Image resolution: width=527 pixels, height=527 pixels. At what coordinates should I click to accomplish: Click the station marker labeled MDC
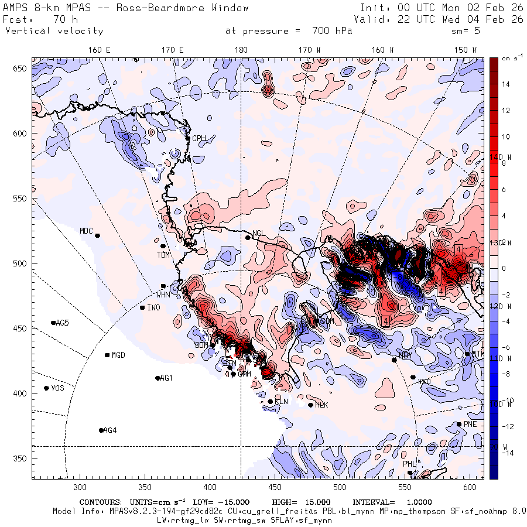97,235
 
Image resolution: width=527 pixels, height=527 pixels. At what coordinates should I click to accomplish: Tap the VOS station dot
46,388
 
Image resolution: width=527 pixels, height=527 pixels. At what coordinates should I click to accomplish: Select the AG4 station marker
101,430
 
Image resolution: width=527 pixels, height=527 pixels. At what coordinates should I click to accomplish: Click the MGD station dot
107,355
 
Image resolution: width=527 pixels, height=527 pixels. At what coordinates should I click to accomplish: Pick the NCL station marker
248,237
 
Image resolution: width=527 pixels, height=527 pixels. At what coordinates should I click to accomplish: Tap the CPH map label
200,138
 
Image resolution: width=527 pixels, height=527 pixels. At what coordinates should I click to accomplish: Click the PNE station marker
459,424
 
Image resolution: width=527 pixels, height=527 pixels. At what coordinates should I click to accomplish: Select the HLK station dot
310,405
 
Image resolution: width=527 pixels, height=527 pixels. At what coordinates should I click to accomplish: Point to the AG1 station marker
158,378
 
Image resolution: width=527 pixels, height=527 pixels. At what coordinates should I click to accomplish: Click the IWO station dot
142,307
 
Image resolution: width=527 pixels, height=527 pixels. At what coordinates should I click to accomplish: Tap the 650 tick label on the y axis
22,69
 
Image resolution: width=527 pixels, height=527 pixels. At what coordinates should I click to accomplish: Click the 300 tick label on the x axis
80,487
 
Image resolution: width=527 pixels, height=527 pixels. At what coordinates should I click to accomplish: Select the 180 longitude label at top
241,50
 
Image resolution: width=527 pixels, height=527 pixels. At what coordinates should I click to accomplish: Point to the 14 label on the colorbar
505,84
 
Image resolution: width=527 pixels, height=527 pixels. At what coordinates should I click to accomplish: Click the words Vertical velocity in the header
54,31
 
